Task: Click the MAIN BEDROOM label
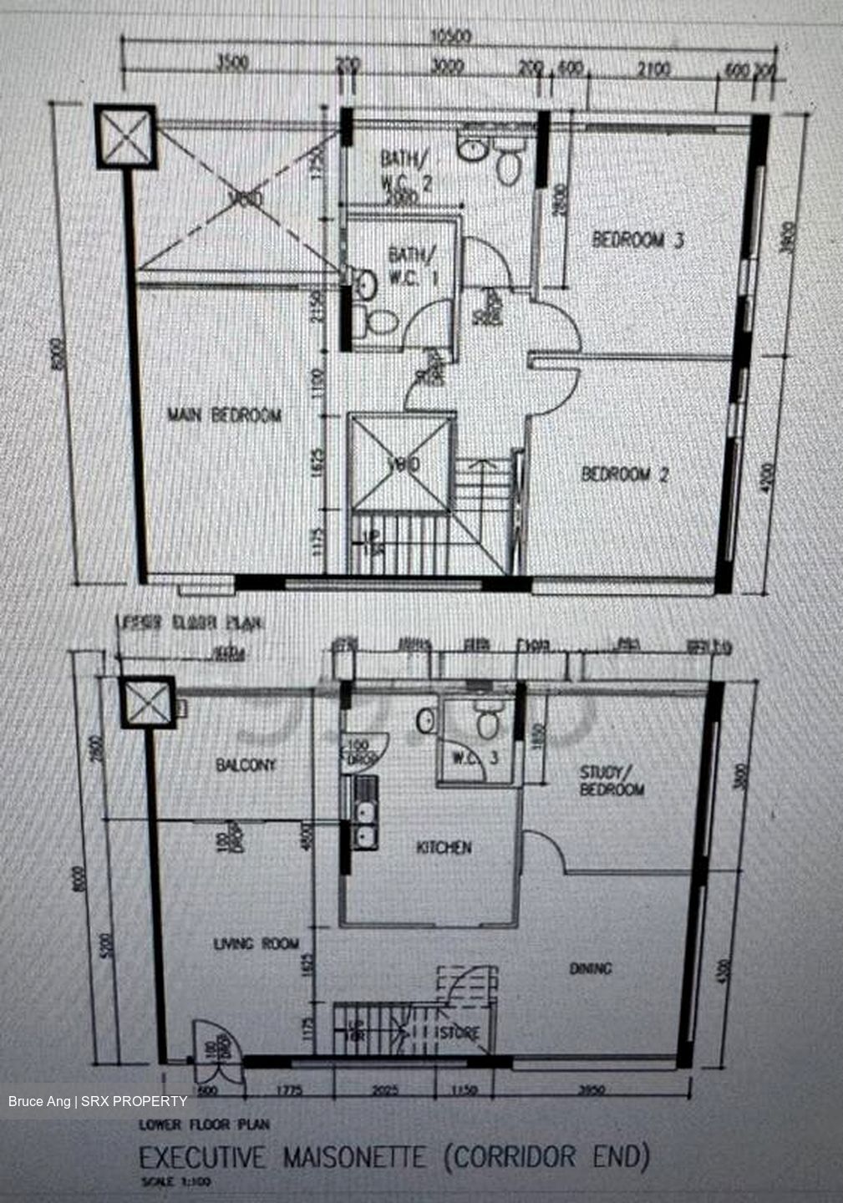[224, 415]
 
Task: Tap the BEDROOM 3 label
[638, 241]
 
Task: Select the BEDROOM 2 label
[625, 475]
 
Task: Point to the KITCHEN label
[444, 848]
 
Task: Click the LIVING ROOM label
[256, 944]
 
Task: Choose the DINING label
[591, 969]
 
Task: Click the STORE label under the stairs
[460, 1033]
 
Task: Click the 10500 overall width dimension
[451, 38]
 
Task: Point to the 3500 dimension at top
[231, 64]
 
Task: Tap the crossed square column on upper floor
[125, 137]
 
